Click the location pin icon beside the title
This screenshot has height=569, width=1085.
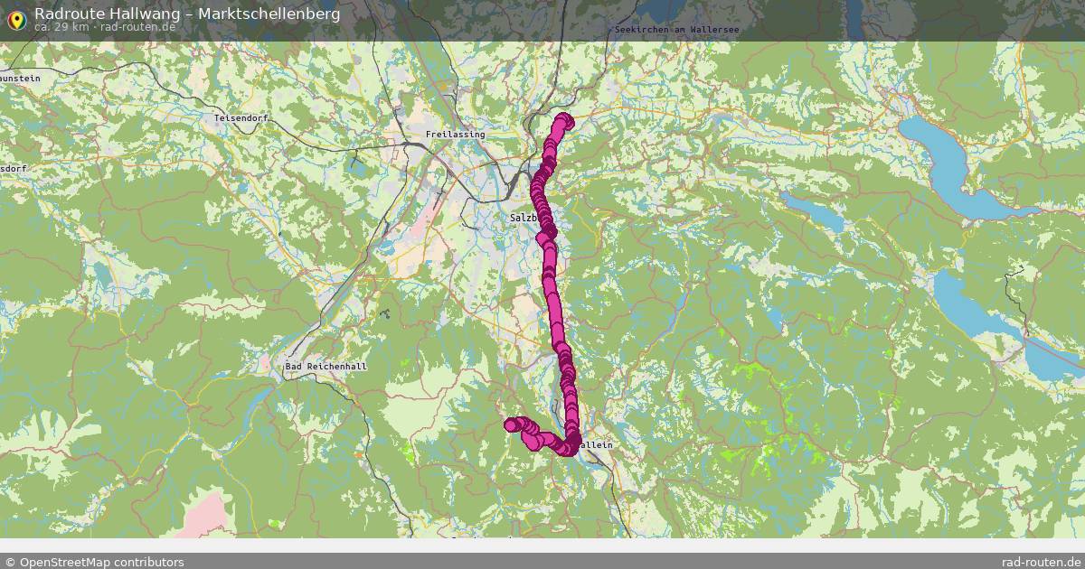[16, 19]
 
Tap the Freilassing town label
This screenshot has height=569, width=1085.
[455, 135]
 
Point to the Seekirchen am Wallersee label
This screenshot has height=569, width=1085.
[676, 30]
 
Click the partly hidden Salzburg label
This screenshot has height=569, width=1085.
[524, 218]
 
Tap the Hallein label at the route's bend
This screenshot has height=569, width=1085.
[594, 445]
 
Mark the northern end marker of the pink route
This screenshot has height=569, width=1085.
[565, 119]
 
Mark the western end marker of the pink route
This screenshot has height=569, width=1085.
[511, 424]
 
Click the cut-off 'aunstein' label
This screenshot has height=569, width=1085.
[20, 79]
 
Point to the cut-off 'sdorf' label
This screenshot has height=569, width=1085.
[14, 169]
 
